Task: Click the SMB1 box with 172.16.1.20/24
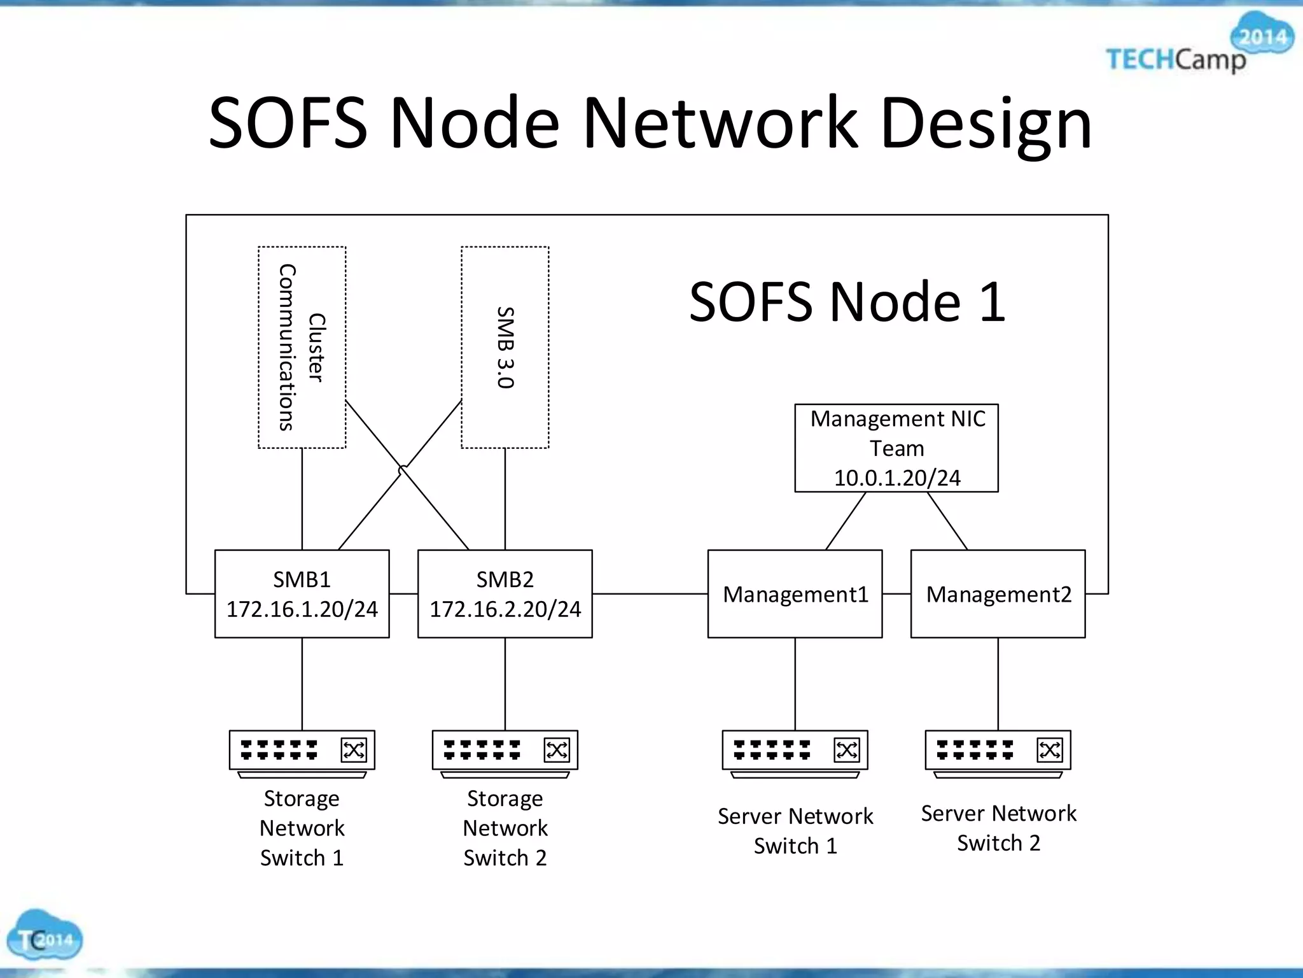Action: click(302, 593)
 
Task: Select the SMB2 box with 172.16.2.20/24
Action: click(505, 593)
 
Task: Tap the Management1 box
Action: click(795, 593)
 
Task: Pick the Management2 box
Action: click(998, 593)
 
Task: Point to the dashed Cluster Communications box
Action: click(302, 347)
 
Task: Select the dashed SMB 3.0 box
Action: click(505, 347)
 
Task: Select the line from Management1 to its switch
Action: click(795, 684)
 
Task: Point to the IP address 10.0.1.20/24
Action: click(897, 478)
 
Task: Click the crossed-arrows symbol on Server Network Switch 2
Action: click(1049, 749)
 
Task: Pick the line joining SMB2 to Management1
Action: click(650, 593)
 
